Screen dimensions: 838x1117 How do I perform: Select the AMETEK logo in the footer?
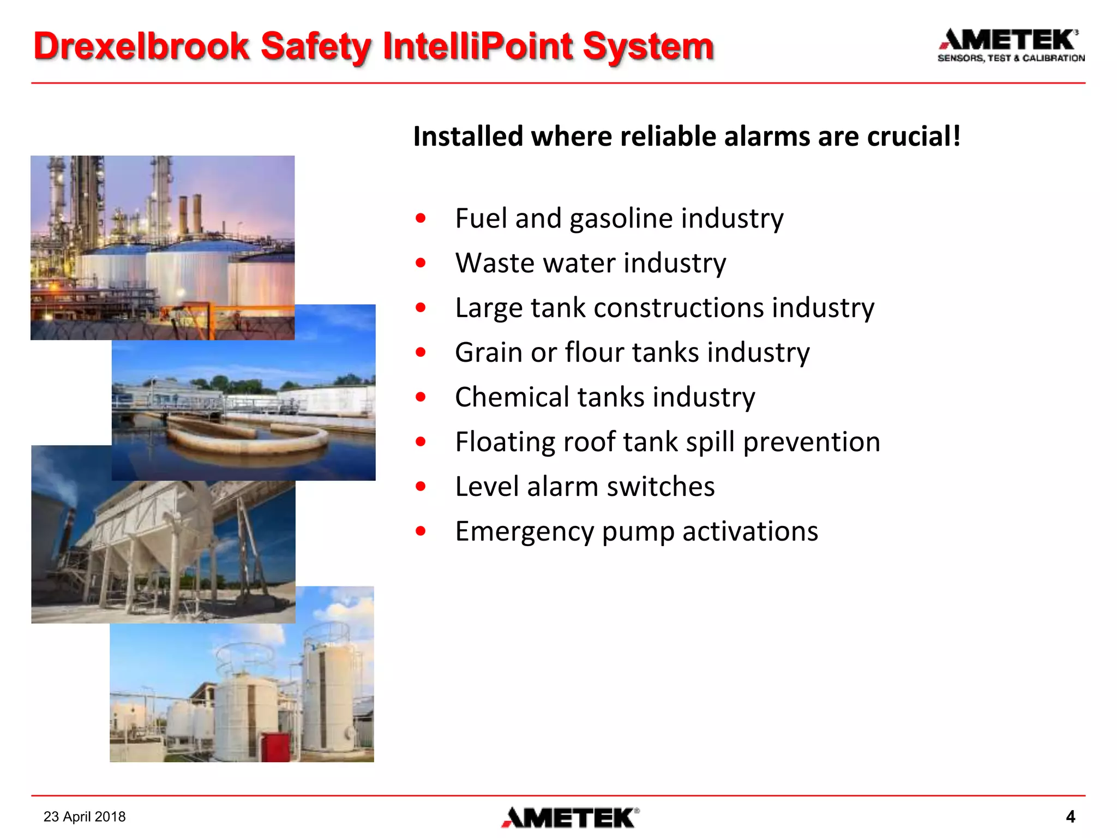[570, 817]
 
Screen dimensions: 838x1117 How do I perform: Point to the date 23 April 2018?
[85, 817]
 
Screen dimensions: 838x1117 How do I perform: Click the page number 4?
[1070, 817]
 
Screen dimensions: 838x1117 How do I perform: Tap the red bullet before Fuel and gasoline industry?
[420, 219]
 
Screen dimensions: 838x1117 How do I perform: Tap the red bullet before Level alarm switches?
[420, 486]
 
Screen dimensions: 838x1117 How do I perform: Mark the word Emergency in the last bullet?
[524, 531]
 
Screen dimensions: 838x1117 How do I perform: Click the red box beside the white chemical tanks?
[275, 746]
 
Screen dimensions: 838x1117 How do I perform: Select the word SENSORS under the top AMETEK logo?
[960, 58]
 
